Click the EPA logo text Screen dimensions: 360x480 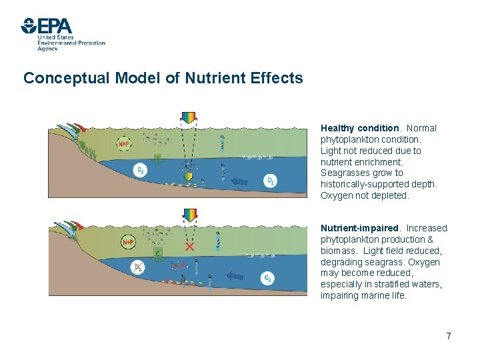pos(55,27)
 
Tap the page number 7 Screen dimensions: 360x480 pos(449,336)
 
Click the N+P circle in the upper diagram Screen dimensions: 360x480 pos(125,143)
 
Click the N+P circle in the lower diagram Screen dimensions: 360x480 pos(127,243)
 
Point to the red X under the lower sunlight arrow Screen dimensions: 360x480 pos(190,247)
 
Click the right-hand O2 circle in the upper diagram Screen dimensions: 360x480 pos(270,181)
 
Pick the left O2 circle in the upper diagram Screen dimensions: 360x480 pos(141,171)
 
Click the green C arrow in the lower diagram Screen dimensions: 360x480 pos(158,255)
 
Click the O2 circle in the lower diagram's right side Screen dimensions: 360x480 pos(267,278)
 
